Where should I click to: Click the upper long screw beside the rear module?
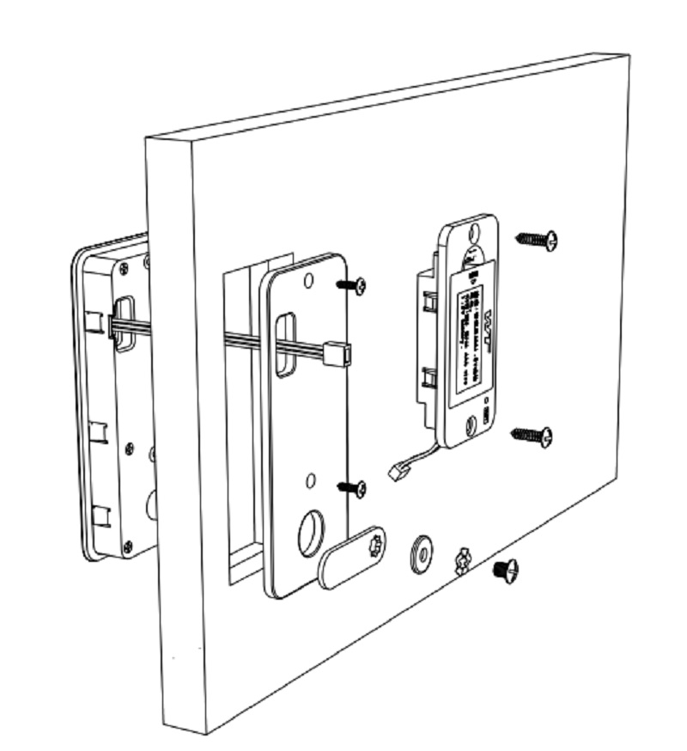537,240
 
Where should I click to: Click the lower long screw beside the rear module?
532,436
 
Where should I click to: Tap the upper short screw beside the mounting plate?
352,285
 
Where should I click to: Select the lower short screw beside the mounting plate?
352,488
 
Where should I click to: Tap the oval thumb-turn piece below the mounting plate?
352,558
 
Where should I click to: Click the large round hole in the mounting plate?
310,533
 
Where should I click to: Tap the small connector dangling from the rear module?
396,471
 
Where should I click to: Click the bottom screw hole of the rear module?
470,425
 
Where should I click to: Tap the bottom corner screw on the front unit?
128,544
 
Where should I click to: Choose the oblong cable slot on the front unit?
125,323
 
